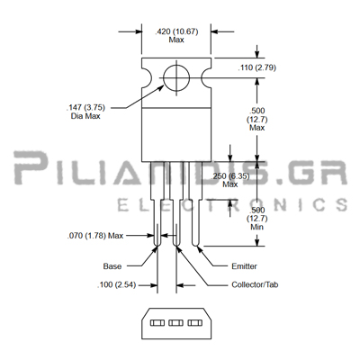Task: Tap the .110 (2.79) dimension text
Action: click(256, 67)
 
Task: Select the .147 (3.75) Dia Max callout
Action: click(85, 112)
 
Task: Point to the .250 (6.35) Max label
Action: click(230, 180)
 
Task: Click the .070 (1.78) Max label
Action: click(95, 236)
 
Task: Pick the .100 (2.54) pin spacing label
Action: click(116, 284)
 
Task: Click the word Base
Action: click(112, 266)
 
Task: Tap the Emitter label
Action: click(244, 266)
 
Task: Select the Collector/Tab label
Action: click(255, 284)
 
